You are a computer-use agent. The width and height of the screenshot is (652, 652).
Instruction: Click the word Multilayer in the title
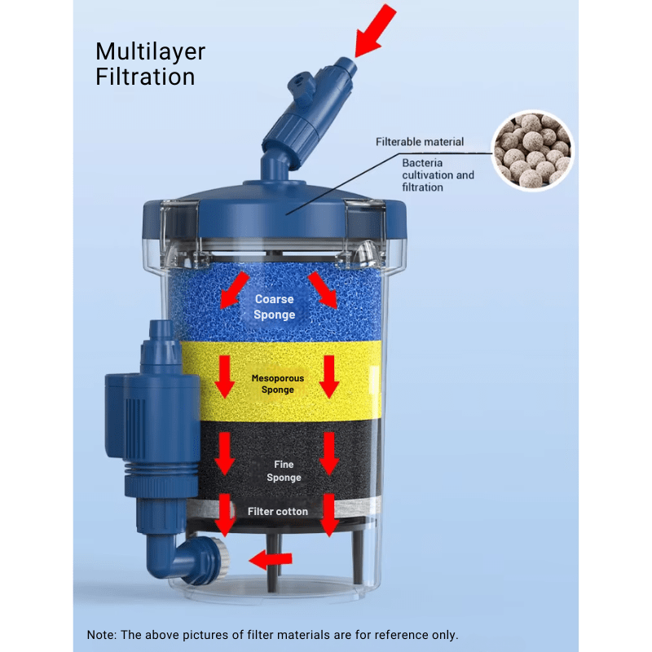tap(150, 52)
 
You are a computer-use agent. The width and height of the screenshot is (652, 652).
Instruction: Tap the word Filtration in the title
tap(145, 77)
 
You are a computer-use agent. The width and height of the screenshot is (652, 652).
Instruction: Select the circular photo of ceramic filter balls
tap(533, 150)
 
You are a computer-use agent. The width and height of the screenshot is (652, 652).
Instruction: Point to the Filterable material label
tap(420, 142)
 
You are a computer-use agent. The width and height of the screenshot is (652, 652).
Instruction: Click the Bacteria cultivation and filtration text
tap(438, 175)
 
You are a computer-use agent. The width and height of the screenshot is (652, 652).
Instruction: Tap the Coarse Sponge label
tap(274, 307)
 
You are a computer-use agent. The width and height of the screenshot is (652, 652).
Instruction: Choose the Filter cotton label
tap(278, 512)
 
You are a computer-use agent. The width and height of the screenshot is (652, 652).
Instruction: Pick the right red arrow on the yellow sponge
tap(329, 374)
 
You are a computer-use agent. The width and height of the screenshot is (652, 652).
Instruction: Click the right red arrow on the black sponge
tap(328, 452)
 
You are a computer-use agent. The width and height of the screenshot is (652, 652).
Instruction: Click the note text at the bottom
tap(273, 635)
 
